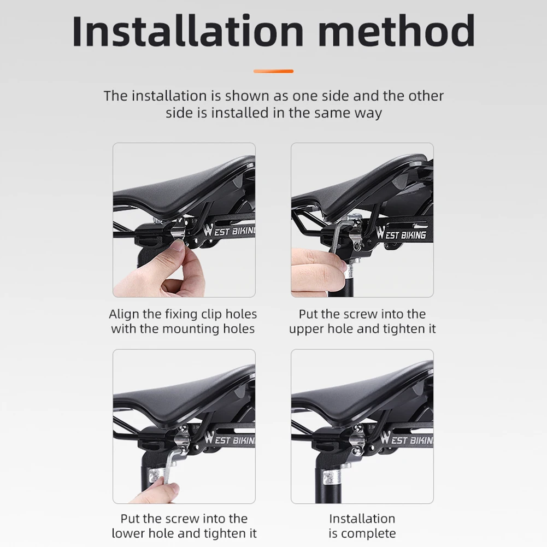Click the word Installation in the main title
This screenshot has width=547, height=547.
187,31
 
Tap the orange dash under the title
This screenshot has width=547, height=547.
274,71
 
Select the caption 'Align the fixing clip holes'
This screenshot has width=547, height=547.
183,314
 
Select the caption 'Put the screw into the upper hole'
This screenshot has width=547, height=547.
362,321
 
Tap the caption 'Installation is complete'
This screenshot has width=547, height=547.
362,526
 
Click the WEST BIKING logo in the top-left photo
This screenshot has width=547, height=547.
230,232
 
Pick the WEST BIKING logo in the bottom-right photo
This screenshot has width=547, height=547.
407,439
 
